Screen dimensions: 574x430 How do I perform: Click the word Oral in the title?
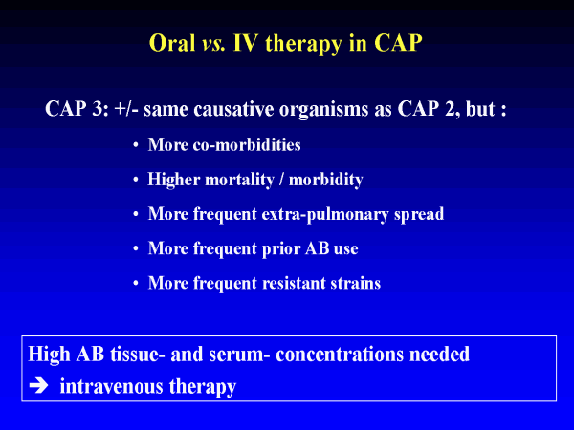tap(171, 43)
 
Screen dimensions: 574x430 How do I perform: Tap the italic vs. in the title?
tap(213, 44)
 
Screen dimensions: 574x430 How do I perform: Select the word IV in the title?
tap(245, 43)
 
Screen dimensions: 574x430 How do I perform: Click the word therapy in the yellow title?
tap(302, 45)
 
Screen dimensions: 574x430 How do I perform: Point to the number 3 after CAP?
tap(99, 109)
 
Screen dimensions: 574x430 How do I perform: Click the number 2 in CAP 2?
tap(450, 109)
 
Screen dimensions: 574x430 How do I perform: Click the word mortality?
tap(239, 181)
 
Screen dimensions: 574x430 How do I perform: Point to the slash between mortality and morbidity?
tap(281, 180)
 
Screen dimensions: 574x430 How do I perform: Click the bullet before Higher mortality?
tap(136, 180)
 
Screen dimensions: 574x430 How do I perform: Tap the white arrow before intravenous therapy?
tap(38, 386)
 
